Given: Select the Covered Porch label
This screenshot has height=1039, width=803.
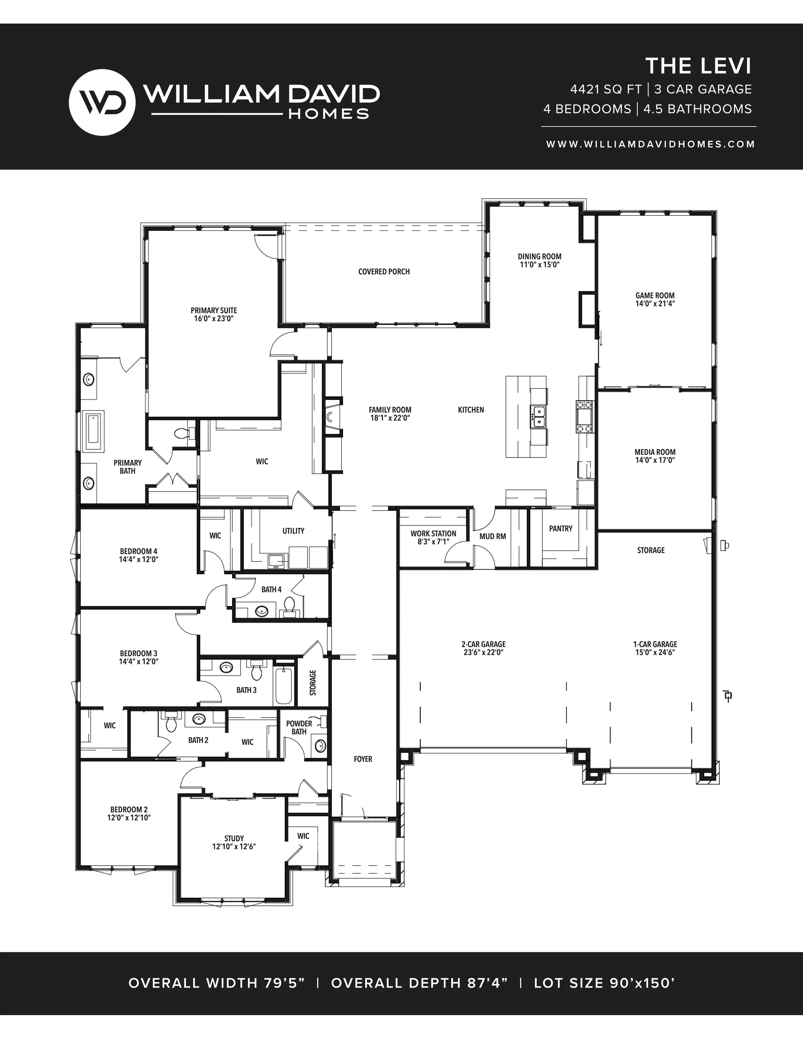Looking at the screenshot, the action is (x=384, y=272).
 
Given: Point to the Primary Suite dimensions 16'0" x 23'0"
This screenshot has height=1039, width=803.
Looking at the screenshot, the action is (x=214, y=319).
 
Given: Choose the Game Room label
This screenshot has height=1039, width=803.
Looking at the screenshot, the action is (x=655, y=295).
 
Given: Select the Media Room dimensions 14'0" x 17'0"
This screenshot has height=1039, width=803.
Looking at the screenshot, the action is (x=655, y=460).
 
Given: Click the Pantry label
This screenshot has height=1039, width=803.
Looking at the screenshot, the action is (x=561, y=529).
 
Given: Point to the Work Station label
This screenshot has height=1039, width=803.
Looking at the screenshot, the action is (x=433, y=534).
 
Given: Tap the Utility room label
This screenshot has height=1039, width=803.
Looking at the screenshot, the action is (x=294, y=531).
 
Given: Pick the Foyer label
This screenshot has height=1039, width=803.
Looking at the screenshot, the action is (x=363, y=759).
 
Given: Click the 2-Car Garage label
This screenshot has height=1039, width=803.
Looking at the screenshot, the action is (x=483, y=644).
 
